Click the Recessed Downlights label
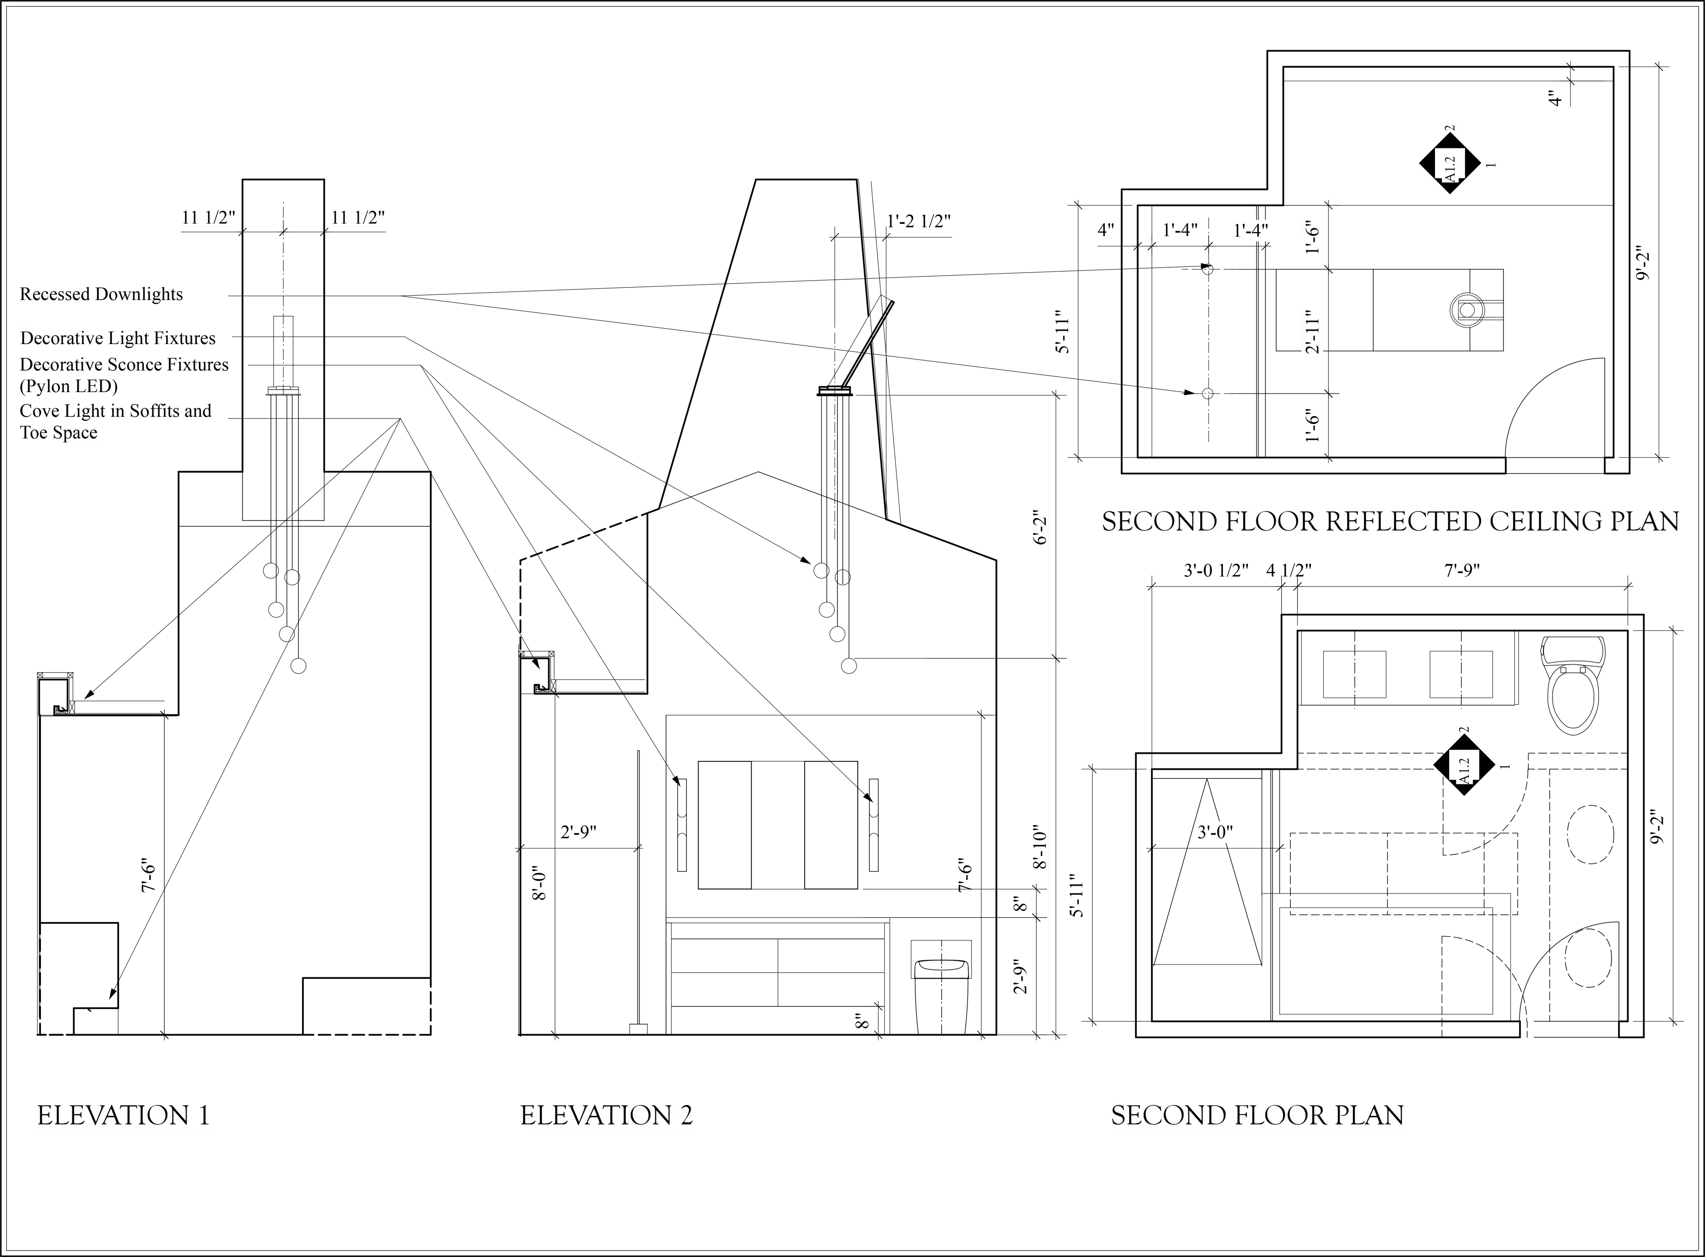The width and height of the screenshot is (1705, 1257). click(101, 293)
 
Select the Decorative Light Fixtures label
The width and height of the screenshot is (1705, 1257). click(118, 339)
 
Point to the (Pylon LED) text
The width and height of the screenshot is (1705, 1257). click(68, 387)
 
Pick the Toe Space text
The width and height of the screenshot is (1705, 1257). click(59, 433)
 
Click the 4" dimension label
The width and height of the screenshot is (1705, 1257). click(1106, 229)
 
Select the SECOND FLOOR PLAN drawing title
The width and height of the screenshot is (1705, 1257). click(1257, 1115)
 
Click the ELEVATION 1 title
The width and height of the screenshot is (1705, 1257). click(124, 1115)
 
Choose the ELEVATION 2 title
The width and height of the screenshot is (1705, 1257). click(607, 1115)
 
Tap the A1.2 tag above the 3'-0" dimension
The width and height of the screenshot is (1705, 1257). click(1464, 767)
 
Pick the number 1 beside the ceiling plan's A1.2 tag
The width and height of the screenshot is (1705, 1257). click(1491, 164)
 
